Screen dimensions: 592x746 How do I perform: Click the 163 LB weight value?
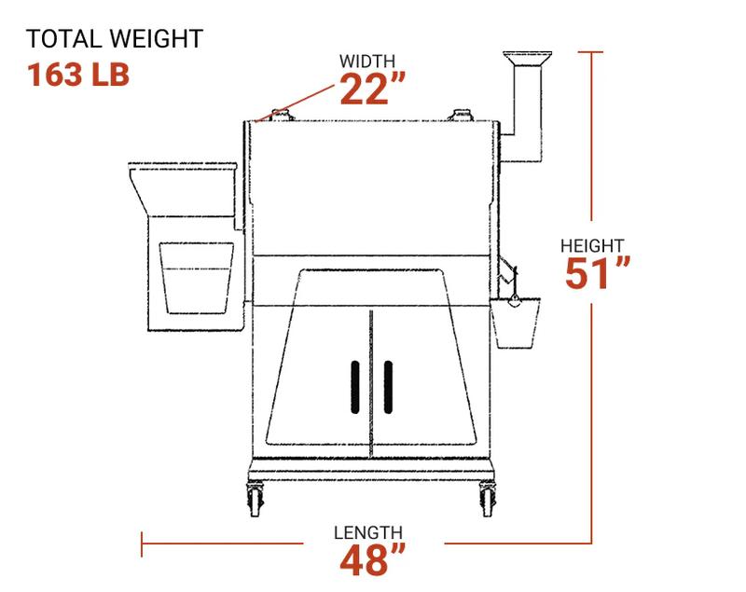tap(77, 74)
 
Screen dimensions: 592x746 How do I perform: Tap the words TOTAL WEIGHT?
tap(114, 39)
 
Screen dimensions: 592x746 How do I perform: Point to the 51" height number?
tap(598, 274)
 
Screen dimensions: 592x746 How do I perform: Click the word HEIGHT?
tap(592, 245)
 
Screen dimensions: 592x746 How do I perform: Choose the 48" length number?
tap(373, 561)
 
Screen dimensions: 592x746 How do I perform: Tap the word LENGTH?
tap(369, 532)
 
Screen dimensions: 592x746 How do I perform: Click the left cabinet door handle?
tap(355, 385)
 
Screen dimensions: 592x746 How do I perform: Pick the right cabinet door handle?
tap(387, 385)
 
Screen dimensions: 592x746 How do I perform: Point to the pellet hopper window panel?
tap(197, 276)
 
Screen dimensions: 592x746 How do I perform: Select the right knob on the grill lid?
tap(460, 116)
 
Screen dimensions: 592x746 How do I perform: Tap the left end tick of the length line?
tap(142, 544)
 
